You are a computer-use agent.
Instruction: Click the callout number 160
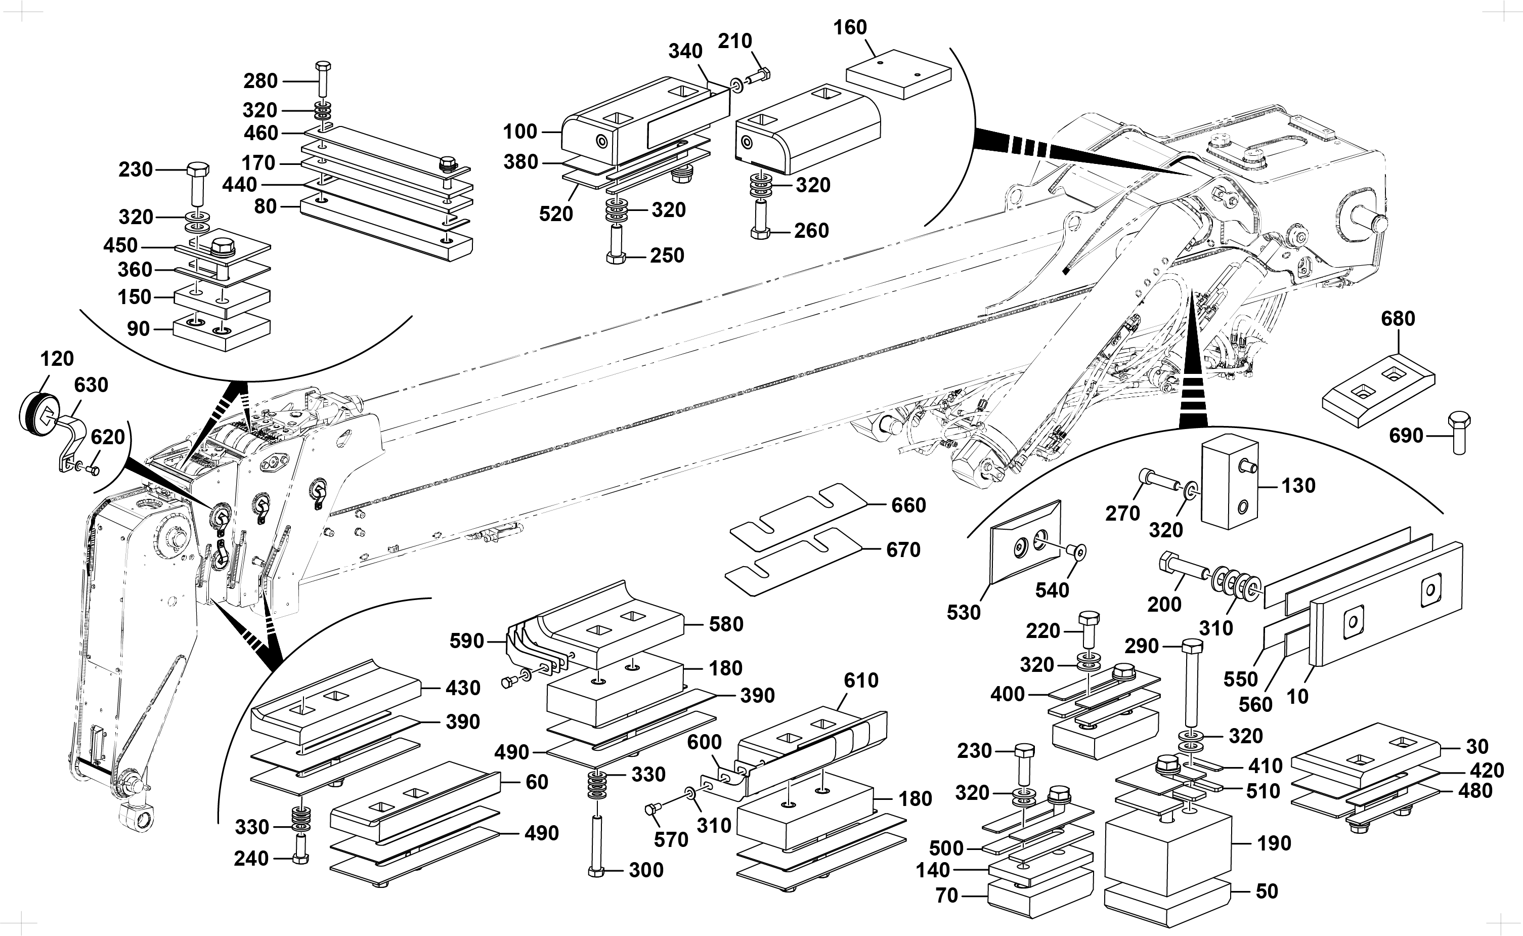pyautogui.click(x=850, y=28)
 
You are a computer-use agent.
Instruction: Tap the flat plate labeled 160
pyautogui.click(x=898, y=74)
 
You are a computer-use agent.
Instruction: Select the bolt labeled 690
pyautogui.click(x=1458, y=435)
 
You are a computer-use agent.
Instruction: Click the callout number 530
pyautogui.click(x=964, y=612)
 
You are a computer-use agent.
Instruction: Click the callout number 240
pyautogui.click(x=251, y=859)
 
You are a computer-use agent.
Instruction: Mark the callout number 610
pyautogui.click(x=861, y=680)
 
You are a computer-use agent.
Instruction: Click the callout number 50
pyautogui.click(x=1267, y=891)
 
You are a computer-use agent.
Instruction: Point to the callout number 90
pyautogui.click(x=139, y=329)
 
